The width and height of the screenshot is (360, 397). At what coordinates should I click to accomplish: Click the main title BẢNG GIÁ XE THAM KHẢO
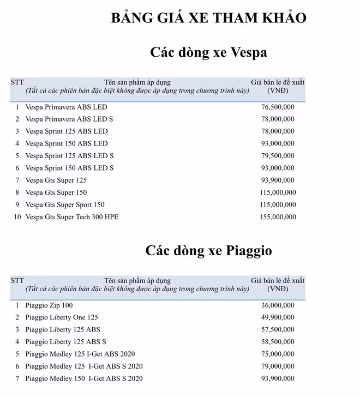pyautogui.click(x=208, y=17)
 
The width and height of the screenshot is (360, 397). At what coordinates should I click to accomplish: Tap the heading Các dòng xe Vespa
pyautogui.click(x=208, y=53)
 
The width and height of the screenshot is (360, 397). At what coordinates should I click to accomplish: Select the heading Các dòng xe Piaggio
pyautogui.click(x=208, y=250)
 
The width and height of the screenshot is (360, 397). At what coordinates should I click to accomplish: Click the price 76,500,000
pyautogui.click(x=278, y=107)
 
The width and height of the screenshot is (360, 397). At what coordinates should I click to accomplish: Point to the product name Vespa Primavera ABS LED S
pyautogui.click(x=69, y=119)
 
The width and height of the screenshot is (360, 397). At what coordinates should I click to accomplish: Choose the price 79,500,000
pyautogui.click(x=278, y=156)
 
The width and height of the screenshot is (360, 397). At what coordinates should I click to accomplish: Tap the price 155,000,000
pyautogui.click(x=278, y=217)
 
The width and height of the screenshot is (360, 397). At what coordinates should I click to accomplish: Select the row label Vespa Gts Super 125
pyautogui.click(x=56, y=180)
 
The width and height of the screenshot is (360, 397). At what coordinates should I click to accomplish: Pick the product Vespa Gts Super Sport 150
pyautogui.click(x=65, y=204)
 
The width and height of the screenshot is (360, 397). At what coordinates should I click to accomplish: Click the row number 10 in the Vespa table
pyautogui.click(x=17, y=217)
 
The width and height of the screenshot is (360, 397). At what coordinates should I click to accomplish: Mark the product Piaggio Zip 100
pyautogui.click(x=49, y=305)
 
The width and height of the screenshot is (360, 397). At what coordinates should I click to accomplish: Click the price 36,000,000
pyautogui.click(x=278, y=305)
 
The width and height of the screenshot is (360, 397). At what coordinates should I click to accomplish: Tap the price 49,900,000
pyautogui.click(x=278, y=317)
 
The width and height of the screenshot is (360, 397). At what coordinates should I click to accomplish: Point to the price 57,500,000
pyautogui.click(x=278, y=330)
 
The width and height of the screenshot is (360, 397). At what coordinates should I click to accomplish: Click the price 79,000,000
pyautogui.click(x=278, y=366)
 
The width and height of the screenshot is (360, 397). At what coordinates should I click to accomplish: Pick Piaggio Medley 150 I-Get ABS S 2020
pyautogui.click(x=84, y=378)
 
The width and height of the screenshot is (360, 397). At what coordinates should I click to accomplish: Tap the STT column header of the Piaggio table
pyautogui.click(x=17, y=280)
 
